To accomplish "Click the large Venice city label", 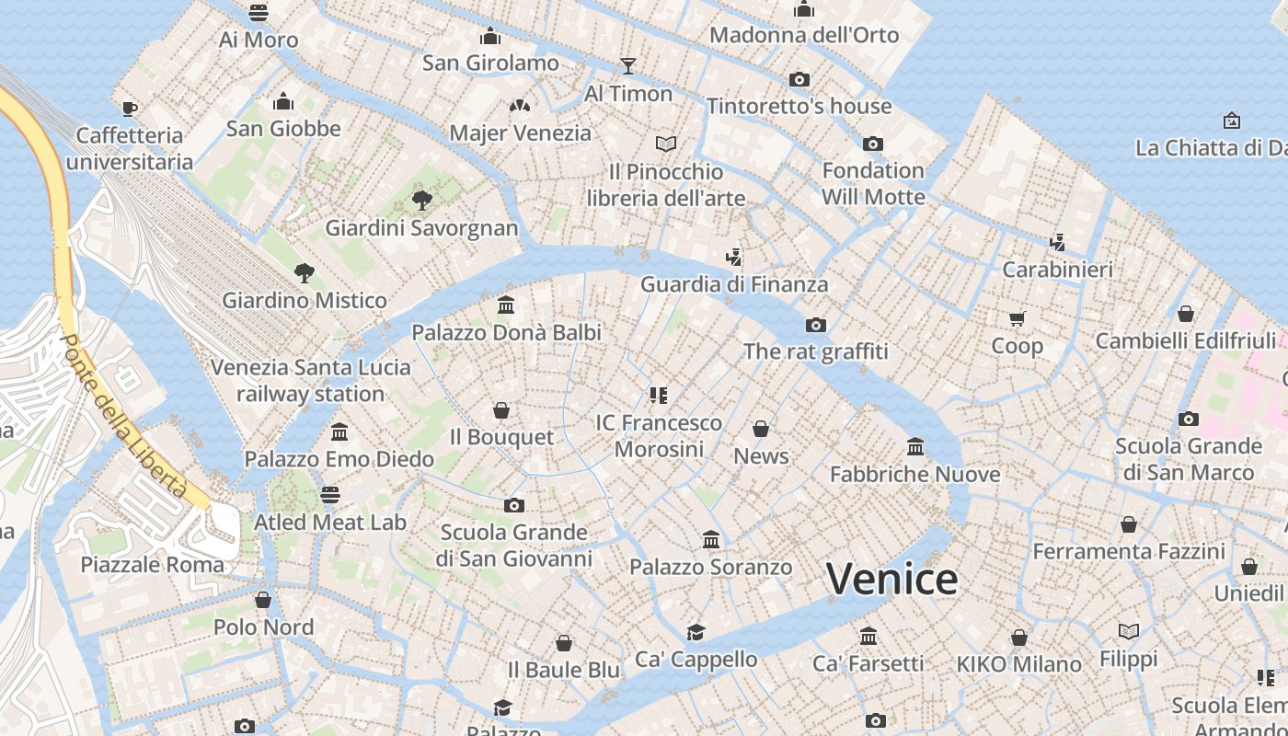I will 891,579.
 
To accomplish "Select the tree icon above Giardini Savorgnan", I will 422,200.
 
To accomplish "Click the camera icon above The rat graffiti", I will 815,325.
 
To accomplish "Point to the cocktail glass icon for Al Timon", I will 628,65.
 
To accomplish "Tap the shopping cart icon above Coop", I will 1017,318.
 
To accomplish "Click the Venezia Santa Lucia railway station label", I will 311,380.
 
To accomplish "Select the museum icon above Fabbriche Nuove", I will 915,447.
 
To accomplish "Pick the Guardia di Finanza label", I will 734,284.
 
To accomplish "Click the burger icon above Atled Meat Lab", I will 330,495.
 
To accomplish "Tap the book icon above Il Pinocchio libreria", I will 666,144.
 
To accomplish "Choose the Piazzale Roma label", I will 153,564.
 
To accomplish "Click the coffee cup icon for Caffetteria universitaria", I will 130,109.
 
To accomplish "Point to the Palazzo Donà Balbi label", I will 506,332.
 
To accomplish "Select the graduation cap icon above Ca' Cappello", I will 696,632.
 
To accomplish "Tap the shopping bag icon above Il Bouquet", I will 501,409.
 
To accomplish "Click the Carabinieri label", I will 1057,270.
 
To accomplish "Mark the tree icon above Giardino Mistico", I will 305,272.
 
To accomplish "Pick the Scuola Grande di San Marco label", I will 1189,459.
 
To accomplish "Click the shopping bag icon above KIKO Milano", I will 1018,638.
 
